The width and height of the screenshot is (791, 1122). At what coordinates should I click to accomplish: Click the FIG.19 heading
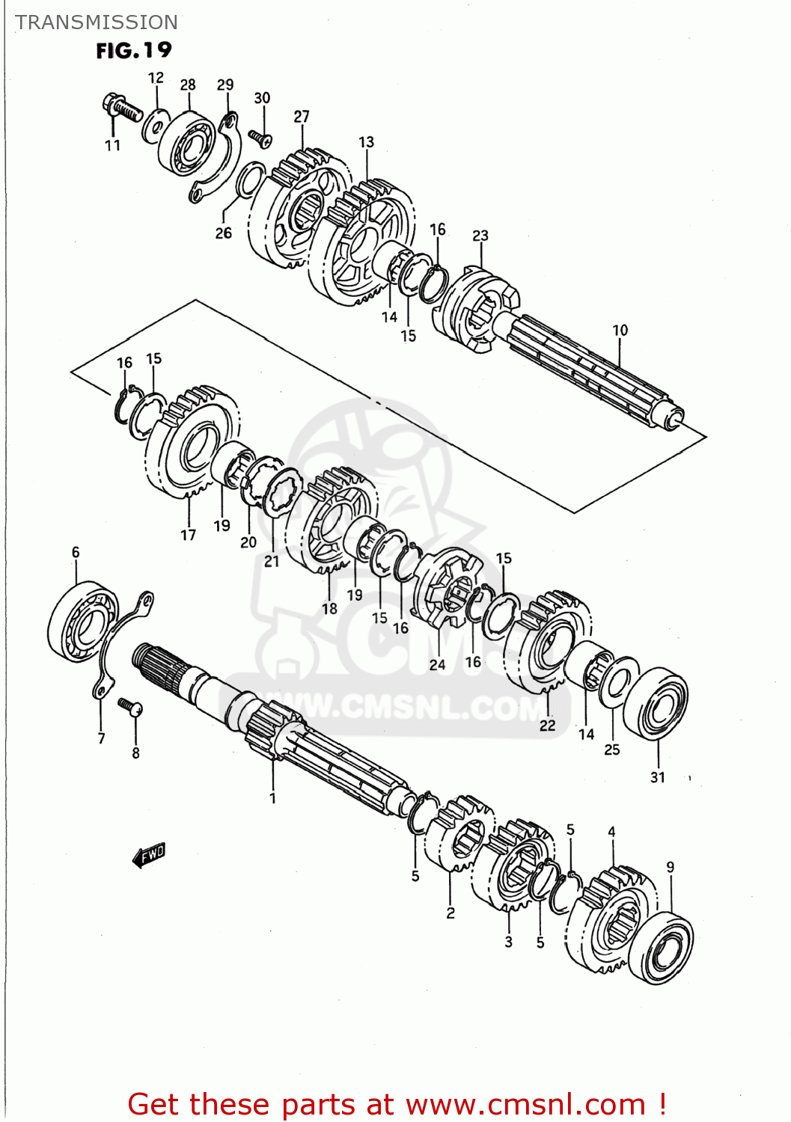point(134,51)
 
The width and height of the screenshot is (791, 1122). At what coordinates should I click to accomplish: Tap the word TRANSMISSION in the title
point(97,22)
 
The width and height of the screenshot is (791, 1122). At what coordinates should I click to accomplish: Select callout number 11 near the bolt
point(112,145)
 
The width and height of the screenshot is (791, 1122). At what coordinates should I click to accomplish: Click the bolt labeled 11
point(123,109)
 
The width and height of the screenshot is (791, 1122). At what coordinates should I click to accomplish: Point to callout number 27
point(302,117)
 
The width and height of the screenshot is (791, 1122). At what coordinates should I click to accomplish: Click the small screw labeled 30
point(260,138)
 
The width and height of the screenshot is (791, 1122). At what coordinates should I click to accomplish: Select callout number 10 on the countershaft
point(620,330)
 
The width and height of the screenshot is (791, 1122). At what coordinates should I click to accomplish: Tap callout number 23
point(480,236)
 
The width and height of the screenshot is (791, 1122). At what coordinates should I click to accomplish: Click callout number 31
point(657,777)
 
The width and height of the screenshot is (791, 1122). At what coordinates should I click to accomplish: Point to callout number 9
point(670,867)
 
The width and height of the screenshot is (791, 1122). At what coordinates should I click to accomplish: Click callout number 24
point(437,664)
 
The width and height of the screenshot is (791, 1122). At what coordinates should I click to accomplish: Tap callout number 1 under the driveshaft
point(272,798)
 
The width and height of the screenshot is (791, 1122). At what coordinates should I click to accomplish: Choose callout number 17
point(188,535)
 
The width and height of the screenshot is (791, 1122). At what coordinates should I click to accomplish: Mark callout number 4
point(611,832)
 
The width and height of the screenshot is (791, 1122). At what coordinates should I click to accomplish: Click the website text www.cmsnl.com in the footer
point(525,1104)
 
